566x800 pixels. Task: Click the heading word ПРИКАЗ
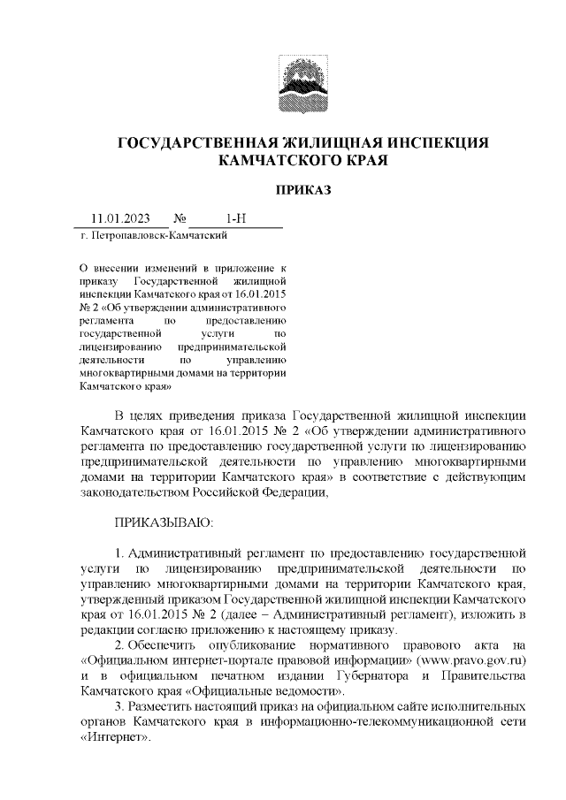pyautogui.click(x=303, y=189)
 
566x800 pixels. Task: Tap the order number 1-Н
pyautogui.click(x=236, y=218)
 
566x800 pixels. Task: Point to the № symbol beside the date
pyautogui.click(x=180, y=218)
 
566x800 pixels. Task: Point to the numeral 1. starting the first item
pyautogui.click(x=121, y=553)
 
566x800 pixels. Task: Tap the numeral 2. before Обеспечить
pyautogui.click(x=121, y=644)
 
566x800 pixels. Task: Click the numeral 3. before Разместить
pyautogui.click(x=121, y=708)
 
